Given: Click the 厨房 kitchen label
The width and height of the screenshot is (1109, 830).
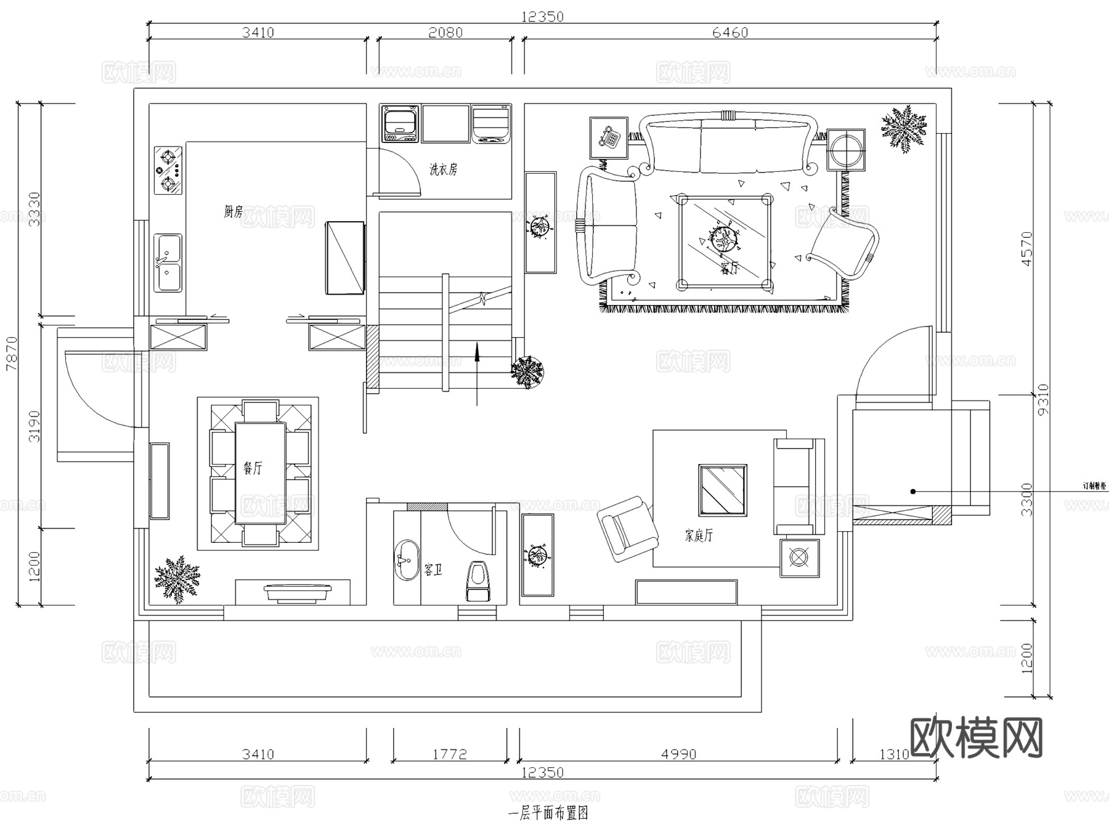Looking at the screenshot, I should (x=233, y=212).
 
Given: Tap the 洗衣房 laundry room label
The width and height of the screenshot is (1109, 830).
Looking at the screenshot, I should (x=443, y=169).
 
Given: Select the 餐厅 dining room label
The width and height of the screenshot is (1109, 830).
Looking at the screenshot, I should (x=253, y=468).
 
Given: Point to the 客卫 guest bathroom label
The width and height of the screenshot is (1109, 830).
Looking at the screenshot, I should (x=433, y=569).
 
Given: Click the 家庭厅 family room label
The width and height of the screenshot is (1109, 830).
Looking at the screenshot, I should (x=699, y=535).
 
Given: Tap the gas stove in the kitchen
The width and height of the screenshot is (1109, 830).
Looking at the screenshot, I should (x=168, y=170).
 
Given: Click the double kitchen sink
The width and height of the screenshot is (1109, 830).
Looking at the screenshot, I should (x=168, y=262).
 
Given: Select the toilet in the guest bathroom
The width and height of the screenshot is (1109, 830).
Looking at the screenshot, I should (x=479, y=581).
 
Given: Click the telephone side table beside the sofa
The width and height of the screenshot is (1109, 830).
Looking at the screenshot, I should (x=609, y=137).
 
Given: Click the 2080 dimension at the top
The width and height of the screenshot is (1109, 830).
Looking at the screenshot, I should (x=445, y=33).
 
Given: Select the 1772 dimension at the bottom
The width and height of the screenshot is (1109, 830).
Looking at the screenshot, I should (x=449, y=754).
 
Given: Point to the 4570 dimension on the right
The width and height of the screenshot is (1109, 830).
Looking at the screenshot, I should (x=1026, y=249).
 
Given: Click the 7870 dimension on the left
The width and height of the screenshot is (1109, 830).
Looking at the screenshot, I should (x=11, y=354).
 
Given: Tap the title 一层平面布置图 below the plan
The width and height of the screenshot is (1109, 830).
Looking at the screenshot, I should (x=548, y=813).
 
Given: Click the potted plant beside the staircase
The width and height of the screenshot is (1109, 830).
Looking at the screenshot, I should (x=527, y=372).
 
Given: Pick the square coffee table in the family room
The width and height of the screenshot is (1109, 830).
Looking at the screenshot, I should (x=723, y=490).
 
